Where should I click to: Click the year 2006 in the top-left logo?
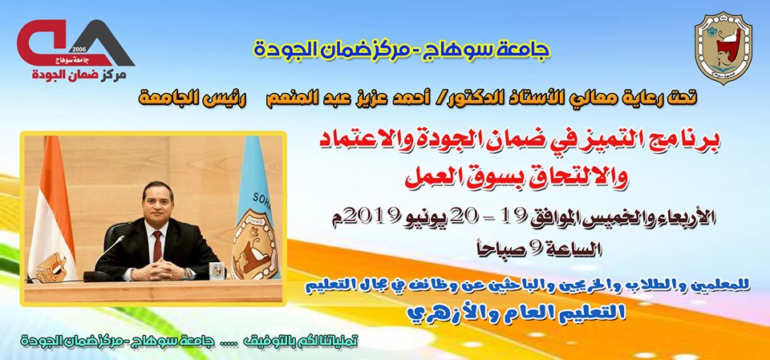point(79,50)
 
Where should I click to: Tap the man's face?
point(157,201)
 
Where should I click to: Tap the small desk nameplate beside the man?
point(217,269)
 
